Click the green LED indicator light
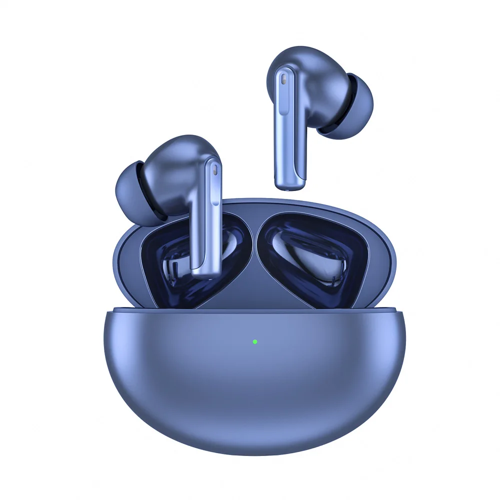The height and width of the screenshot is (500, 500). point(254,342)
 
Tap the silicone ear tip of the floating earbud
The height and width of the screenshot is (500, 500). point(354,106)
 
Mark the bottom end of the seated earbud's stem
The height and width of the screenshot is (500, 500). point(205,272)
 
